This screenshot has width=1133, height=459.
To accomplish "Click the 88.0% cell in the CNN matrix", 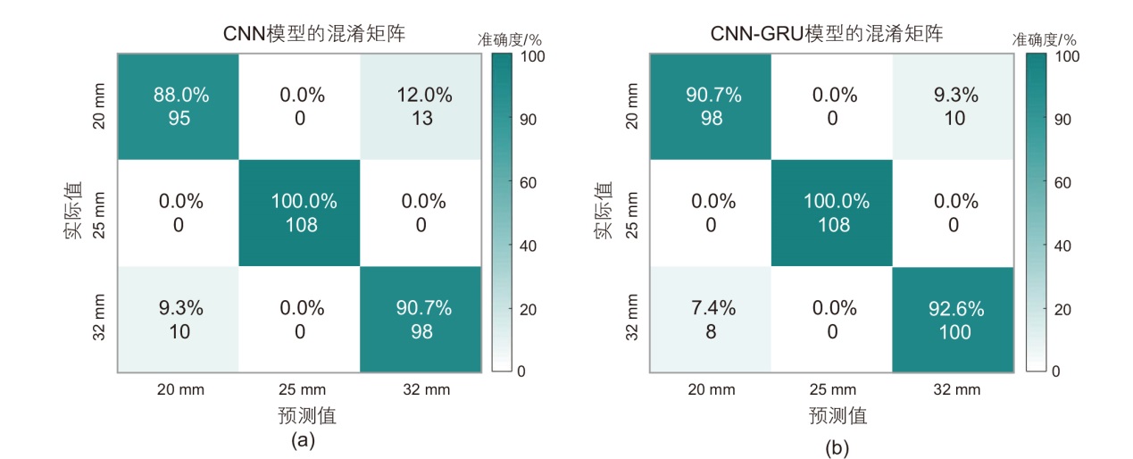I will (x=179, y=105).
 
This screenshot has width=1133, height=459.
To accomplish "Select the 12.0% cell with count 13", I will (x=422, y=105).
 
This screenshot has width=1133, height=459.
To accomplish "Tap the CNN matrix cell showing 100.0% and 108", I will (x=301, y=213).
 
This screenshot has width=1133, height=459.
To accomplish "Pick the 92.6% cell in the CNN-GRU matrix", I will (x=954, y=320).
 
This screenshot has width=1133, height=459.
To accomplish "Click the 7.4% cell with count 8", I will (x=712, y=320).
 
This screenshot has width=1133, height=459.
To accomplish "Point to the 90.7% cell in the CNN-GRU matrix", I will (x=712, y=105).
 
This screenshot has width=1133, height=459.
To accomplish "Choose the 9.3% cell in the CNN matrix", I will (x=179, y=320).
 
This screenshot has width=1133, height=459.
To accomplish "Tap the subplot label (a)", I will (x=304, y=439).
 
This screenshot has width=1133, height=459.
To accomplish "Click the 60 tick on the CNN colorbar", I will (x=529, y=183).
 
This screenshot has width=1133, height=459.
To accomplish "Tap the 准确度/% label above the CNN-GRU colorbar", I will (x=1044, y=39).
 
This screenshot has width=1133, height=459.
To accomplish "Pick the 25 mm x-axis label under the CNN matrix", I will (x=301, y=389).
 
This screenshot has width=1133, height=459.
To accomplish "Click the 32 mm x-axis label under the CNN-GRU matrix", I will (x=954, y=389).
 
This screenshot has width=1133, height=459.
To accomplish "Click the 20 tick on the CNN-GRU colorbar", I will (x=1063, y=309).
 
